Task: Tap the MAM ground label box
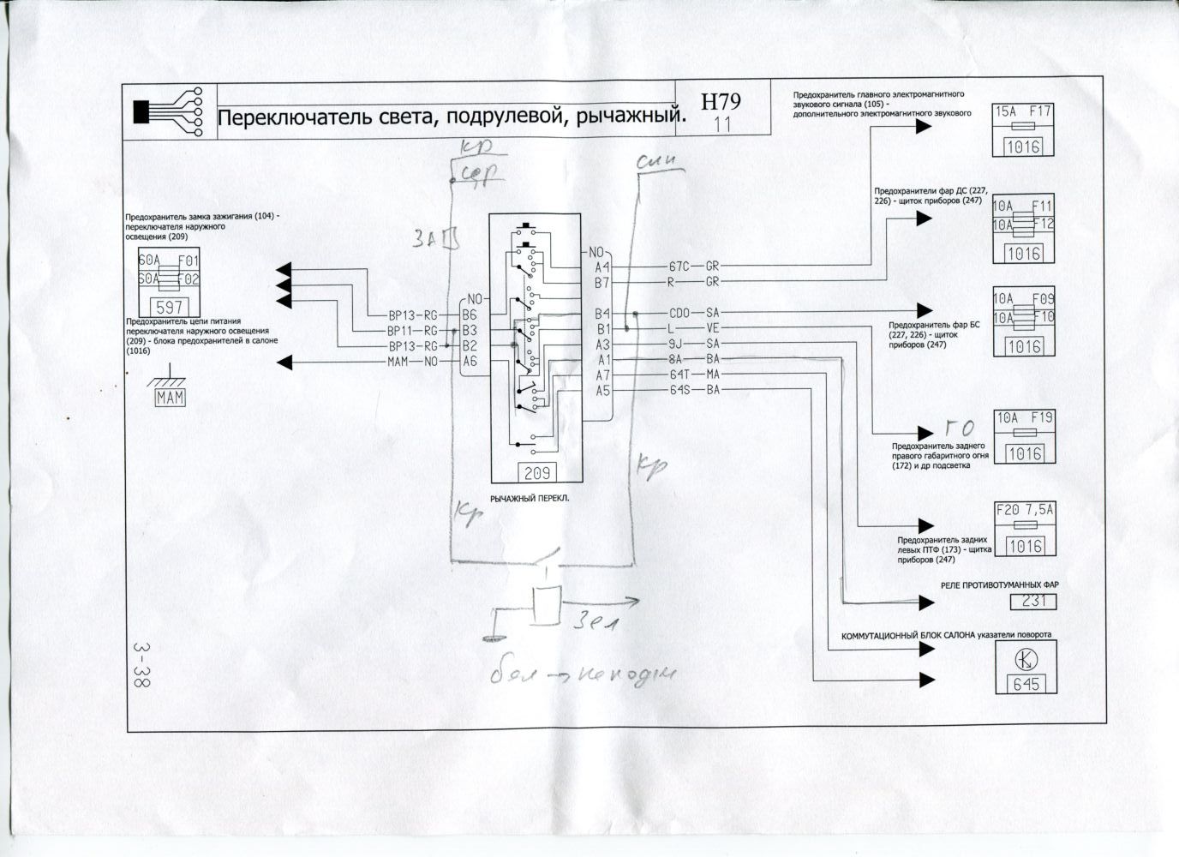tap(171, 399)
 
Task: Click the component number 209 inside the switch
tap(536, 471)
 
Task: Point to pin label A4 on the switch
tap(602, 267)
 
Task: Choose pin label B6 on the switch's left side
tap(469, 315)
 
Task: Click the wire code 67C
tap(679, 267)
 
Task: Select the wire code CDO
tap(679, 313)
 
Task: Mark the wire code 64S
tap(679, 391)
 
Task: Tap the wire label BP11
tap(402, 330)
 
